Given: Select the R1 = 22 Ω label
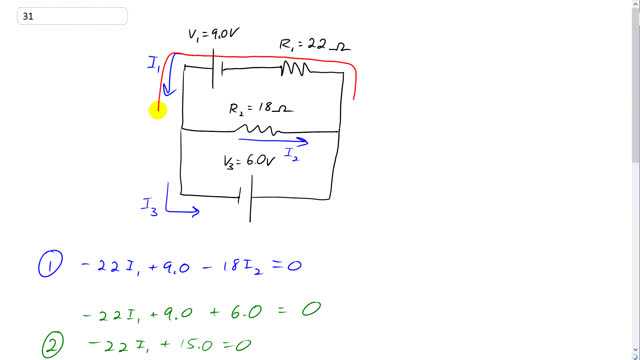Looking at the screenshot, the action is (314, 45).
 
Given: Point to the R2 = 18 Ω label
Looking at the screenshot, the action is (259, 107).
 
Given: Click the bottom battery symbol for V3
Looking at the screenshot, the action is (245, 195).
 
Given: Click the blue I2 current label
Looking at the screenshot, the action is (290, 155).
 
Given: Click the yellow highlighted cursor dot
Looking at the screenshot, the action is (158, 110).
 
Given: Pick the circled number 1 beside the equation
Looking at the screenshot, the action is (48, 266).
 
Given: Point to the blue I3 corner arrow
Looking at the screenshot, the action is (180, 208).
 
